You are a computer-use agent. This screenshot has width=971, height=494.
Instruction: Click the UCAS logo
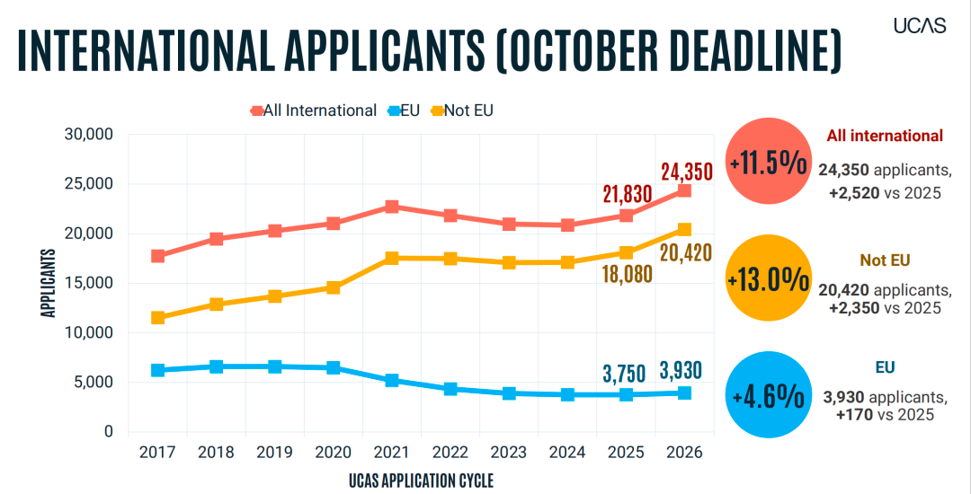tap(920, 25)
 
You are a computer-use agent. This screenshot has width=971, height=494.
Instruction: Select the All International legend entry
tap(314, 110)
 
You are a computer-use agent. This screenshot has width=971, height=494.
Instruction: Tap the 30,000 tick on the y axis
tap(88, 135)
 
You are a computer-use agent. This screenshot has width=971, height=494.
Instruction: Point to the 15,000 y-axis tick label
tap(88, 283)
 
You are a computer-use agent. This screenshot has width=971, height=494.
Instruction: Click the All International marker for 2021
tap(391, 207)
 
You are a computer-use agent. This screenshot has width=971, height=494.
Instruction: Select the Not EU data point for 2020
tap(333, 287)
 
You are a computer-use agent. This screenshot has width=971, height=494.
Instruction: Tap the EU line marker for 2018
tap(216, 366)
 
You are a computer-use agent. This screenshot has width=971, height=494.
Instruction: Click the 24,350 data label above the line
tap(686, 171)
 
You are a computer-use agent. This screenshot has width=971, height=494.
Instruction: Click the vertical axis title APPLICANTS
tap(49, 283)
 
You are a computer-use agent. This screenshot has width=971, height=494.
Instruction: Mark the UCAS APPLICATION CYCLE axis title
tap(421, 480)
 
